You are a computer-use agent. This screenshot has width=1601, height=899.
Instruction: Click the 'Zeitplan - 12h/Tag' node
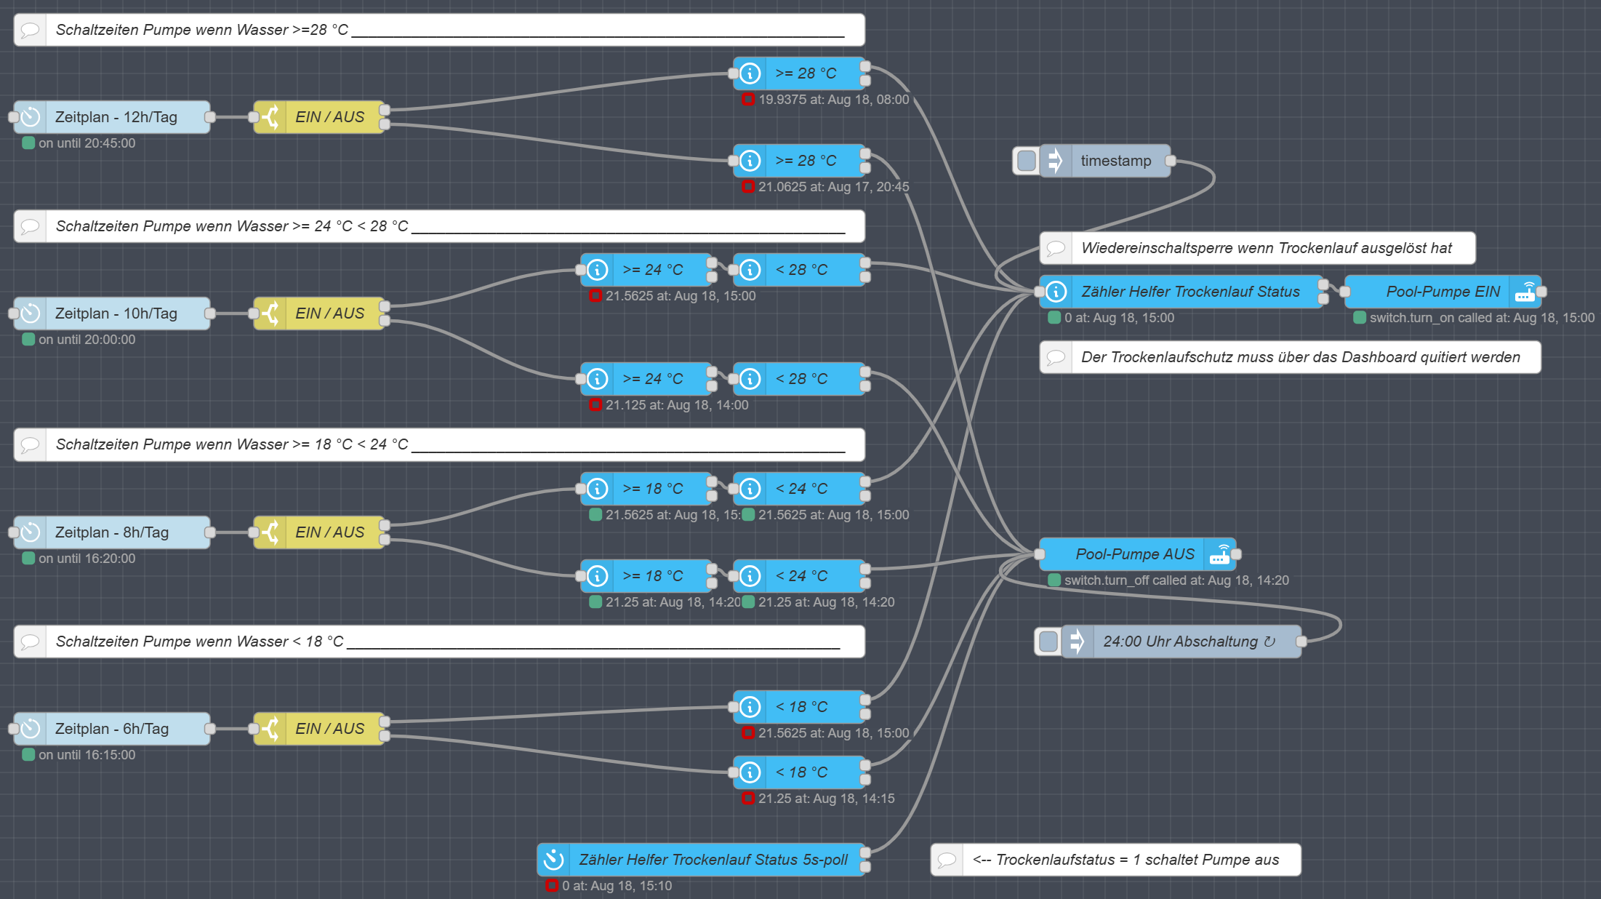click(113, 117)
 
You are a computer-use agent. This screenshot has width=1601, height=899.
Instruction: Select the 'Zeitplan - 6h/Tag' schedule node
click(113, 729)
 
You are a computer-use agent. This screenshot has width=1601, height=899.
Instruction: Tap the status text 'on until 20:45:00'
click(87, 143)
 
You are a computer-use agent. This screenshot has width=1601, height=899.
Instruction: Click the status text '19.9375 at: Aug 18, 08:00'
click(833, 100)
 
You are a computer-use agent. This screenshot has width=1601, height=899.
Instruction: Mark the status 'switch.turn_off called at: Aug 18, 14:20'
click(1176, 580)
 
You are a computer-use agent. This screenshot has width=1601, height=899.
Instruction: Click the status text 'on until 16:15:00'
click(87, 755)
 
